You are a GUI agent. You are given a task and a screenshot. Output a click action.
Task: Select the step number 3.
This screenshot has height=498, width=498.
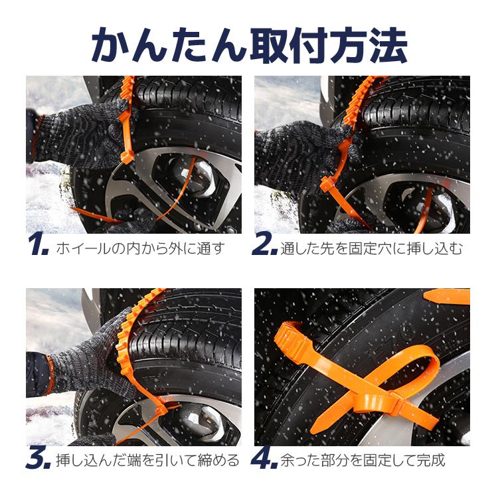pyautogui.click(x=37, y=460)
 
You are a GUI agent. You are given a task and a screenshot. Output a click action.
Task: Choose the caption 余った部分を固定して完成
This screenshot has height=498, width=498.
pyautogui.click(x=363, y=461)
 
